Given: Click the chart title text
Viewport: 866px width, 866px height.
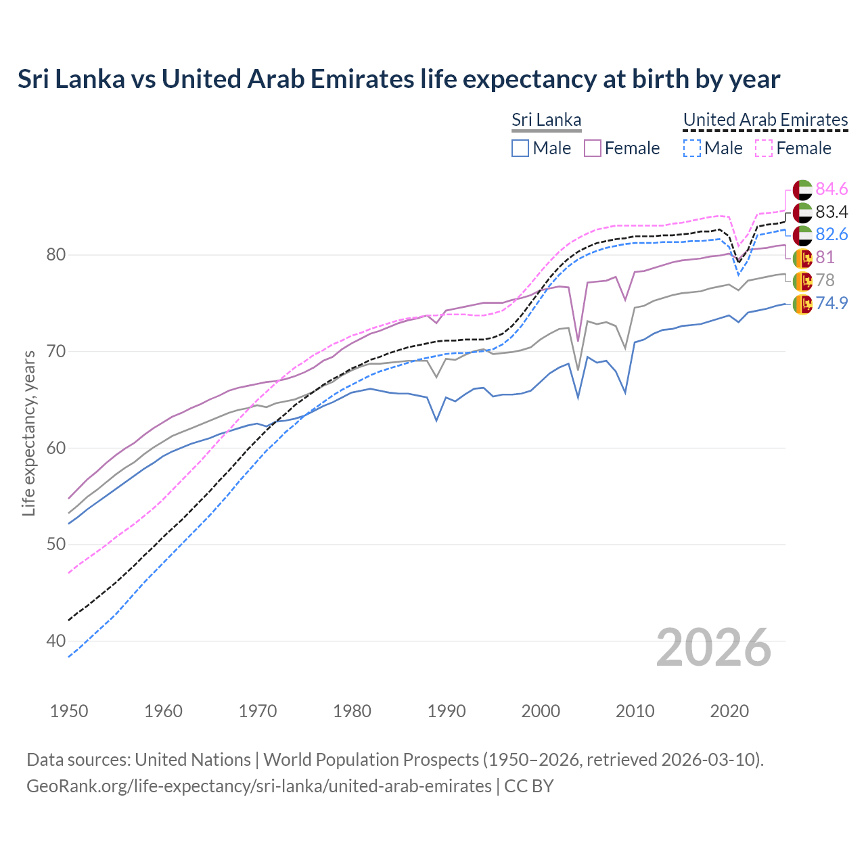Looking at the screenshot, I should tap(398, 79).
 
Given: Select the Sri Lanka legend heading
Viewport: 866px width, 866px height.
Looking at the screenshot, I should tap(546, 120).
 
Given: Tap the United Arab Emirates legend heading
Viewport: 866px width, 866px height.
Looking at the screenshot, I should tap(765, 120).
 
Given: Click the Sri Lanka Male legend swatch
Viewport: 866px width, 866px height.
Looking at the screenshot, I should tap(520, 148).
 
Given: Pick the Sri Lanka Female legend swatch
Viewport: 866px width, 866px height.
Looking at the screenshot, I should tap(593, 148).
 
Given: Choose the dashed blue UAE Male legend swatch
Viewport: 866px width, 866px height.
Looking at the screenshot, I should tap(691, 148).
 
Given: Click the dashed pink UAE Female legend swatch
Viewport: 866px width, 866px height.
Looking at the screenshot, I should tap(764, 148).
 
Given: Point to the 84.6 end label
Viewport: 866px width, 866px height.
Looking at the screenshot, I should tap(831, 189).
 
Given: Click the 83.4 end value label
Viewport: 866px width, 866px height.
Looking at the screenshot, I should tap(831, 212).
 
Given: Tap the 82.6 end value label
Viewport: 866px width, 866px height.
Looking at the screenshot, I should tap(831, 235).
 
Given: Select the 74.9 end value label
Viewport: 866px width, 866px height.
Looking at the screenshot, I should tap(831, 303).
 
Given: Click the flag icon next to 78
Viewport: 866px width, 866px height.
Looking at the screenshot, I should tap(802, 281).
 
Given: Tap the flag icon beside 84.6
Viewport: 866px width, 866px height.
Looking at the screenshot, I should tap(802, 189).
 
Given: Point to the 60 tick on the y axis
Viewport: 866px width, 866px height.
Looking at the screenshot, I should tap(55, 448).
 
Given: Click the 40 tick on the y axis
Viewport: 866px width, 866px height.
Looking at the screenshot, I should tap(55, 641).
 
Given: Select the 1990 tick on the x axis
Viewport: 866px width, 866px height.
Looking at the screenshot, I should tap(447, 711).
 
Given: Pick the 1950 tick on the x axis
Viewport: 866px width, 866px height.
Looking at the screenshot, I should tap(69, 711).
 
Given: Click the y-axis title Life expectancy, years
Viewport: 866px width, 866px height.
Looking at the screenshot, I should tap(29, 433).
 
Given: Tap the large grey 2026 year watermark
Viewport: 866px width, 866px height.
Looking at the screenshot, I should tap(713, 647).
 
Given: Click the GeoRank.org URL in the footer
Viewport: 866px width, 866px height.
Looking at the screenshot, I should tap(258, 786).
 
